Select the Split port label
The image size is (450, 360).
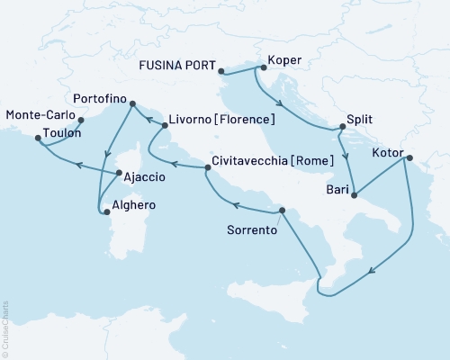point(358,119)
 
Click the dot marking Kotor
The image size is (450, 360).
point(407,158)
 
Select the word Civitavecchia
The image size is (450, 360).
point(248,162)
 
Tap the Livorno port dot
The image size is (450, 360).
point(165,126)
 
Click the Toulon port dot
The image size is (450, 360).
point(38,139)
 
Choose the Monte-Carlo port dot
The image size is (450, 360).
point(81,119)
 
